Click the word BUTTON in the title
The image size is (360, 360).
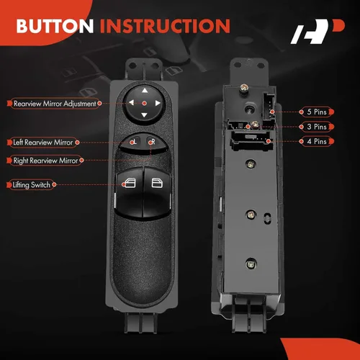click(55, 27)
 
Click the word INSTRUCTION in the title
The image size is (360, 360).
click(165, 27)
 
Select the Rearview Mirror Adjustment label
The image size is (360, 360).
click(54, 104)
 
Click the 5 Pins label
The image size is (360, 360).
click(316, 112)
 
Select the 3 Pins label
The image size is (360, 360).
click(316, 127)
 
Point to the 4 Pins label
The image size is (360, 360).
click(316, 141)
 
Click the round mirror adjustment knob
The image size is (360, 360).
click(143, 103)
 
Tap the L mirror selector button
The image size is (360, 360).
click(134, 143)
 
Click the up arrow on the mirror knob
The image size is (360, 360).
click(143, 91)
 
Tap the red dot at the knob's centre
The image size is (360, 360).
click(143, 104)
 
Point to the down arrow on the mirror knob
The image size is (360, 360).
click(143, 115)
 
